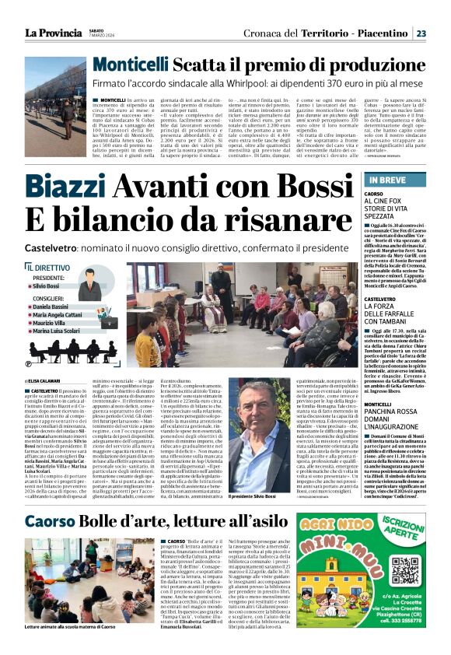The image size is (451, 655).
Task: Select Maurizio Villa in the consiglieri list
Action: pyautogui.click(x=49, y=323)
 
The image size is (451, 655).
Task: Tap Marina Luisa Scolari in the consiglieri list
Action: pyautogui.click(x=57, y=331)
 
